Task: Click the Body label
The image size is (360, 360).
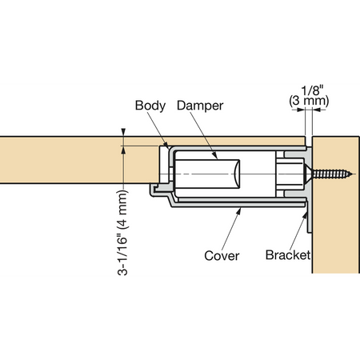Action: [150, 106]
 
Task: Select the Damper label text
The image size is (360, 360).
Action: [200, 106]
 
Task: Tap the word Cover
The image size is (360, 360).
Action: [222, 256]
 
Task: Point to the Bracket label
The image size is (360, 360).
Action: [288, 255]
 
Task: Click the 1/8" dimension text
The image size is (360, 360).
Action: [312, 90]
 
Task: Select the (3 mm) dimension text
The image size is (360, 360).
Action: [309, 102]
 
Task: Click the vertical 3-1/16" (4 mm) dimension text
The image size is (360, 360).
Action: [122, 233]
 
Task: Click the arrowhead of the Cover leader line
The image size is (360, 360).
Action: [239, 210]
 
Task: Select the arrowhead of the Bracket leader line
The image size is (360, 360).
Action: [305, 215]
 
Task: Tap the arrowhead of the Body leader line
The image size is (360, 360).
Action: [166, 146]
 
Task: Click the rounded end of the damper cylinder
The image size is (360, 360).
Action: [237, 174]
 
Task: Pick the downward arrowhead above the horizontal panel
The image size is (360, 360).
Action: [123, 132]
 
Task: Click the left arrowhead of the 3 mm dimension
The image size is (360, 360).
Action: [301, 110]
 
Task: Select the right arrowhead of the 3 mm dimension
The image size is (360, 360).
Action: [317, 110]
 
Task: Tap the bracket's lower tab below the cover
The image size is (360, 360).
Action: [309, 218]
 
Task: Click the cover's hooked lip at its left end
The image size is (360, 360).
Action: [153, 190]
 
